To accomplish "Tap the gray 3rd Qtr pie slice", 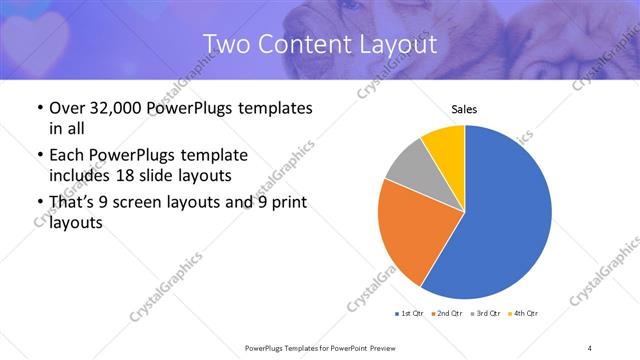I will (x=408, y=168).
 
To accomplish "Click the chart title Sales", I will (x=465, y=108).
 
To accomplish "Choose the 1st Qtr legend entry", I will (x=411, y=314).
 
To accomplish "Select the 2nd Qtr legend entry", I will (x=448, y=314).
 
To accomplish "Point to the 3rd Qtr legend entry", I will (x=486, y=314).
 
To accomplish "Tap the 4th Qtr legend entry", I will (x=524, y=314).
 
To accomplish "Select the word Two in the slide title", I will (x=224, y=44).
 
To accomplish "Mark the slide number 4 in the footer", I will (x=590, y=347).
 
